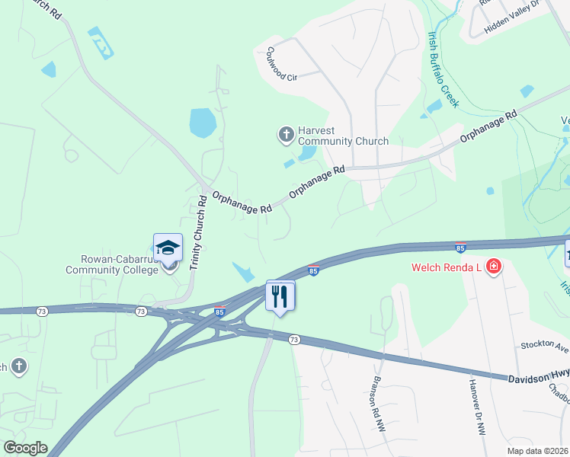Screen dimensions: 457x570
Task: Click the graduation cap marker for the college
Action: tap(168, 248)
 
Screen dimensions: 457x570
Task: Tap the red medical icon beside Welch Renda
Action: tap(494, 267)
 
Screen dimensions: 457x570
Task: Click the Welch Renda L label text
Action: tap(446, 267)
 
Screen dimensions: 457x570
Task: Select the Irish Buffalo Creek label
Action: tap(443, 69)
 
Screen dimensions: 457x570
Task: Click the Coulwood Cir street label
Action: tap(281, 64)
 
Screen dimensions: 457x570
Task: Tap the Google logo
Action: tap(25, 448)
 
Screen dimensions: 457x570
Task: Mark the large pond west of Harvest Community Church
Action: tap(203, 122)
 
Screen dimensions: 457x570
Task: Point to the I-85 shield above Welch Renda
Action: tap(460, 248)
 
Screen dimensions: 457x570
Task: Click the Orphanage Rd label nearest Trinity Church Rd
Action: tap(242, 202)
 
